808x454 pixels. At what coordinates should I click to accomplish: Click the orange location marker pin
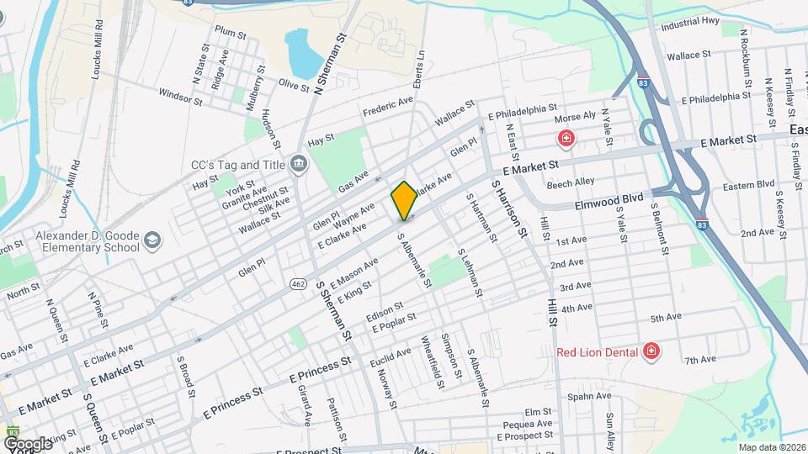click(404, 200)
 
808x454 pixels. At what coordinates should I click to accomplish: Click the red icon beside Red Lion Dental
click(650, 351)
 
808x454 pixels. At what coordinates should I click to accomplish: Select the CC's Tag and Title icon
click(297, 162)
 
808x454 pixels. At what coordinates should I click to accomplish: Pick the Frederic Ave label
click(388, 106)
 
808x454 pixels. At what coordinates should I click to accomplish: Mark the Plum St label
click(229, 33)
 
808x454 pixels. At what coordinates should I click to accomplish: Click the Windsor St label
click(180, 98)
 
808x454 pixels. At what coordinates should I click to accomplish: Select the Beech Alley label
click(570, 182)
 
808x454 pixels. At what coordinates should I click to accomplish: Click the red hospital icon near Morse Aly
click(566, 138)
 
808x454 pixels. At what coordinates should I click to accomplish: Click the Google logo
click(28, 443)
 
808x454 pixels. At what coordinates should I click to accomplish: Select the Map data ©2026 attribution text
click(771, 446)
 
